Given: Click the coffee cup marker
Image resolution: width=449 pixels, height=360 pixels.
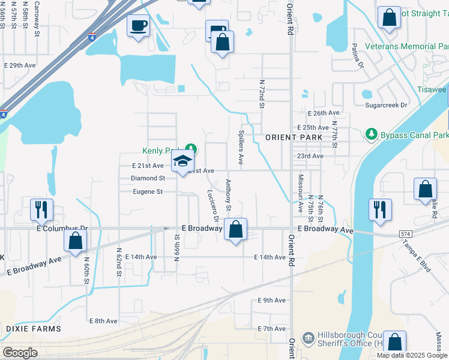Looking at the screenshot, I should [139, 26].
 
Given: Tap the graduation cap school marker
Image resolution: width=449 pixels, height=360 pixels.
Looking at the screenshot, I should [182, 161].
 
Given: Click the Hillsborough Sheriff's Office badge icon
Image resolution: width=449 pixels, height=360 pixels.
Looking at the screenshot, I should [308, 338].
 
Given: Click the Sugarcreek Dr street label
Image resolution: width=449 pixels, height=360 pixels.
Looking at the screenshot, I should [386, 105].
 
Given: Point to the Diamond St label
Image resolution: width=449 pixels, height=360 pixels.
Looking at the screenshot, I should [148, 178].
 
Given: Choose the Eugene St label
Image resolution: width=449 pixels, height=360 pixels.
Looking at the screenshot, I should [148, 192].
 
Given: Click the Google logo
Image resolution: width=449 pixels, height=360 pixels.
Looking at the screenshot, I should [20, 352].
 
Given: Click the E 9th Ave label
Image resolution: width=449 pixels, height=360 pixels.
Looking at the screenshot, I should [271, 300].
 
